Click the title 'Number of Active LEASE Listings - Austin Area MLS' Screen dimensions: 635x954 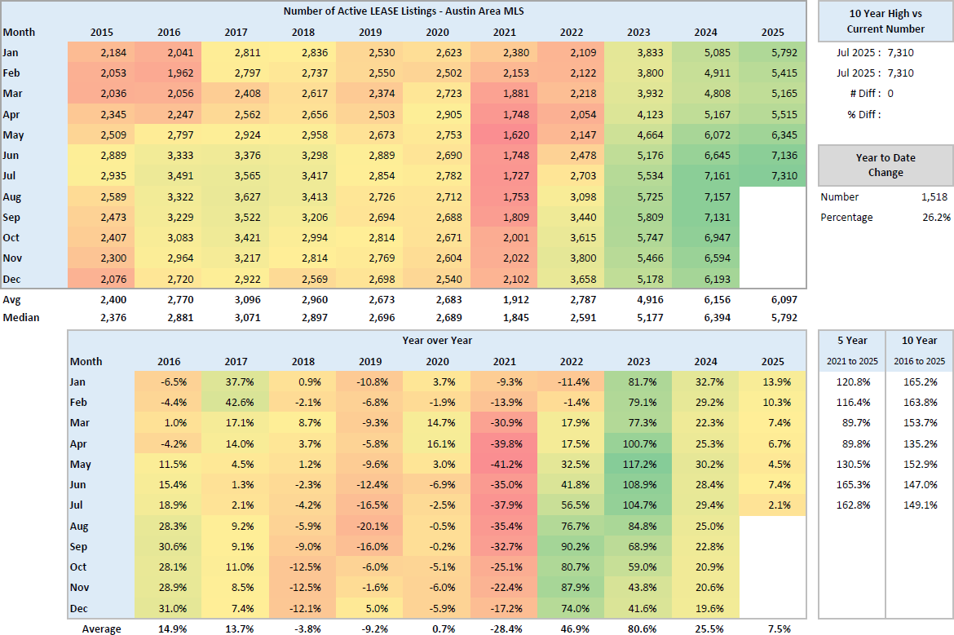pyautogui.click(x=404, y=11)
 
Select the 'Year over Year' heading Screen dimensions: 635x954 pyautogui.click(x=436, y=341)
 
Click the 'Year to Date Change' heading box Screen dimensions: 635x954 pyautogui.click(x=886, y=165)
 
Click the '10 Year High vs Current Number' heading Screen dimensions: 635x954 pyautogui.click(x=886, y=21)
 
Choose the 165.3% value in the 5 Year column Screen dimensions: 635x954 pyautogui.click(x=852, y=485)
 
